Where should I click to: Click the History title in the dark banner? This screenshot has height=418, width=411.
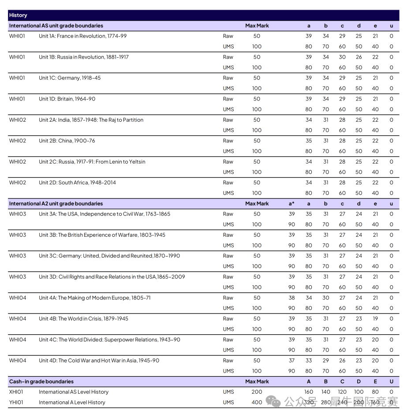coord(18,15)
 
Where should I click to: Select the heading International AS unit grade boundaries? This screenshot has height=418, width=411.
coord(56,26)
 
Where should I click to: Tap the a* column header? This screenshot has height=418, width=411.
coord(291,204)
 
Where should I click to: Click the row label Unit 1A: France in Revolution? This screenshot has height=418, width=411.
coord(82,36)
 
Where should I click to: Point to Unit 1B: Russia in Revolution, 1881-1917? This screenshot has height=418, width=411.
coord(84,57)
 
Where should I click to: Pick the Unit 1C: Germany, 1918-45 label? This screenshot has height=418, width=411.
coord(70,78)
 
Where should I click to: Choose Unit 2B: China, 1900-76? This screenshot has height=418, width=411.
coord(67,141)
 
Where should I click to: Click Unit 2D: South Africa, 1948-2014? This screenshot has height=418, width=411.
coord(77,183)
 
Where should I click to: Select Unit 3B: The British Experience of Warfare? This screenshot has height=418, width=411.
coord(102,235)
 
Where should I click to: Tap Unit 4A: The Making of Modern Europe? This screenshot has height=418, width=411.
coord(95,298)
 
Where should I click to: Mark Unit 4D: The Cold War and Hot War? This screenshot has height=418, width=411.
coord(99,361)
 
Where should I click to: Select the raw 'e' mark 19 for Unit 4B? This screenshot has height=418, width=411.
coord(375,319)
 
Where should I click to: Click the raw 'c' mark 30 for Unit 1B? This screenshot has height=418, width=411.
coord(342,57)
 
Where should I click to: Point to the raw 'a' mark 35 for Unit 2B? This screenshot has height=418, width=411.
coord(309,141)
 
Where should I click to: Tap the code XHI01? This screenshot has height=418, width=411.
coord(16,392)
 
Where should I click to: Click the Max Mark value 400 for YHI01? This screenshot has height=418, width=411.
coord(257,402)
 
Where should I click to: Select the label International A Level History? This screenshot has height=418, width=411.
coord(72,402)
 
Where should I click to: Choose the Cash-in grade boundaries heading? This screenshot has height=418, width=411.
coord(41,381)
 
